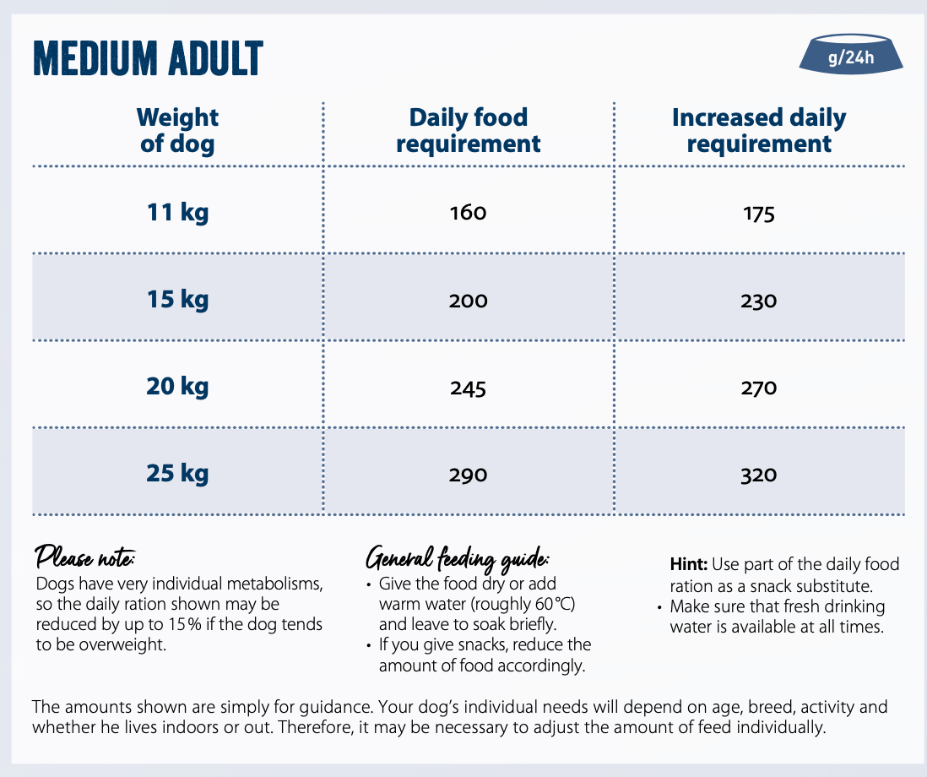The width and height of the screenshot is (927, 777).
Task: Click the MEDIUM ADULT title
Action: [x=148, y=58]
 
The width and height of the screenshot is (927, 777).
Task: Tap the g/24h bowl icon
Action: [x=851, y=56]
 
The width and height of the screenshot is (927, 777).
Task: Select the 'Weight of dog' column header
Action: [x=177, y=130]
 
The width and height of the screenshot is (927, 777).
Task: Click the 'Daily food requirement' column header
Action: [x=468, y=130]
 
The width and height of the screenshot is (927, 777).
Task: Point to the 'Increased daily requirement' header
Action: [x=758, y=130]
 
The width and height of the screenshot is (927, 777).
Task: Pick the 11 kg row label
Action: [x=177, y=212]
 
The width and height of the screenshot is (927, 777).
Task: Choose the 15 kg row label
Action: [x=177, y=299]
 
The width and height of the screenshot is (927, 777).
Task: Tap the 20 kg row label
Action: [x=177, y=387]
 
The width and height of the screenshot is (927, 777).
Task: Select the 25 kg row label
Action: [x=177, y=473]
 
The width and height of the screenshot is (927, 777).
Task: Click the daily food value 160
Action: [x=469, y=213]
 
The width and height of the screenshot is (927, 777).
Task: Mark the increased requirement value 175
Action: [x=759, y=214]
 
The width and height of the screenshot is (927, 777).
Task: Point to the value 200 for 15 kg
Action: [x=469, y=301]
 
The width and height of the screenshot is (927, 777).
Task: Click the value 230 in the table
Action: [x=759, y=301]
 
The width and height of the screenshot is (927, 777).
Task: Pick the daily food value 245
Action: [x=469, y=388]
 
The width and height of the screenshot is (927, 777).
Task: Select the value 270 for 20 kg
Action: [x=759, y=388]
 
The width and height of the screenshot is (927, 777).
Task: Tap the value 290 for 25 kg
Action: [x=469, y=475]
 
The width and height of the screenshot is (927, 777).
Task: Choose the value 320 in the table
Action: [x=759, y=475]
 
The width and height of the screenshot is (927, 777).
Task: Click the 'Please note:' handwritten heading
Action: [x=84, y=558]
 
